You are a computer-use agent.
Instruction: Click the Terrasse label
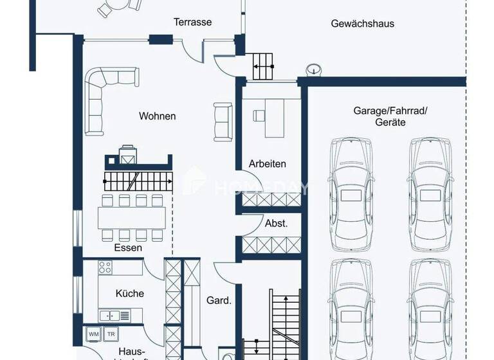click(x=192, y=22)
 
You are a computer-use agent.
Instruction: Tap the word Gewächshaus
click(x=363, y=24)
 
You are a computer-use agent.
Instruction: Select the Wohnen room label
click(x=158, y=116)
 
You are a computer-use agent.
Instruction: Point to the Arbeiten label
click(x=268, y=164)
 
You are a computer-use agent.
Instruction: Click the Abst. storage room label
click(x=277, y=224)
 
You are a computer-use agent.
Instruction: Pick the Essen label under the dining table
click(x=128, y=248)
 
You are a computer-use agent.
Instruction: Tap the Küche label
click(x=130, y=293)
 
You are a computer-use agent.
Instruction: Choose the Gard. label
click(x=219, y=300)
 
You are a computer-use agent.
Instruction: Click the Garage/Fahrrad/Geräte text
click(x=390, y=116)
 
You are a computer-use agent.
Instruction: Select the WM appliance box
click(x=93, y=334)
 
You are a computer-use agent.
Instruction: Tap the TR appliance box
click(x=111, y=334)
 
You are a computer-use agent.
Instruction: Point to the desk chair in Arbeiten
click(x=259, y=116)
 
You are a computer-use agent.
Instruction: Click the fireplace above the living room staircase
click(x=127, y=157)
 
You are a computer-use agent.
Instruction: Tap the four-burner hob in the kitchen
click(x=105, y=267)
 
